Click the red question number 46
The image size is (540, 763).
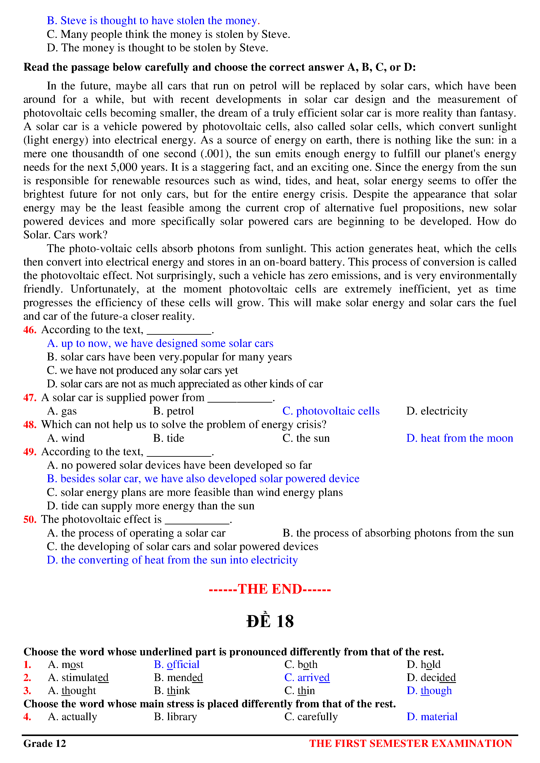point(30,330)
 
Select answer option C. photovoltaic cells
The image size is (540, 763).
point(331,411)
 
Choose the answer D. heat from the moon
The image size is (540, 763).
point(459,438)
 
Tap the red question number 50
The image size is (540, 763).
point(30,519)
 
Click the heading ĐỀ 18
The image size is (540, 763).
point(270,621)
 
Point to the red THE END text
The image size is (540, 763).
point(270,589)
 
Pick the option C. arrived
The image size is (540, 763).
point(307,677)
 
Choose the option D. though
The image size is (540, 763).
point(429,691)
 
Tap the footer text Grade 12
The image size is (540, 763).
point(45,743)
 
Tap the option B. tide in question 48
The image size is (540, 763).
point(169,438)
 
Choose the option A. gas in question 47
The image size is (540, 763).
point(62,411)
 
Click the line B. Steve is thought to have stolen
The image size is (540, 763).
point(153,21)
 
